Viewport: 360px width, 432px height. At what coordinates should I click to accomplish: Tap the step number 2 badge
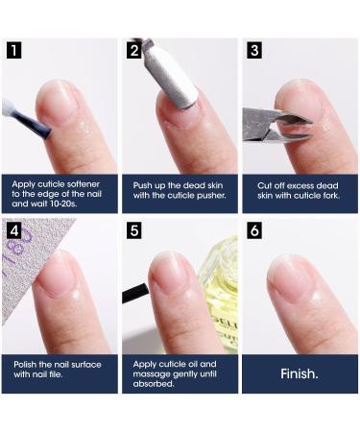pos(134,49)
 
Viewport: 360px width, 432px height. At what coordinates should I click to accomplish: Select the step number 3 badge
pos(253,49)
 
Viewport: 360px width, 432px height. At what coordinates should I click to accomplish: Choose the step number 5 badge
pos(134,231)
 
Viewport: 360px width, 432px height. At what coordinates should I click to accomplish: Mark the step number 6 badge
pos(253,231)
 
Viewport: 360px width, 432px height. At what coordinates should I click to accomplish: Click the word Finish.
pos(300,373)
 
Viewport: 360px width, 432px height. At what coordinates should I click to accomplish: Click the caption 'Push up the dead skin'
pos(179,190)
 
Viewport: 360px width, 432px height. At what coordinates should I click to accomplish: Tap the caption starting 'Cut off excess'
pos(298,190)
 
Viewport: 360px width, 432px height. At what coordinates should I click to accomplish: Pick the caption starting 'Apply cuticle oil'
pos(179,373)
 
